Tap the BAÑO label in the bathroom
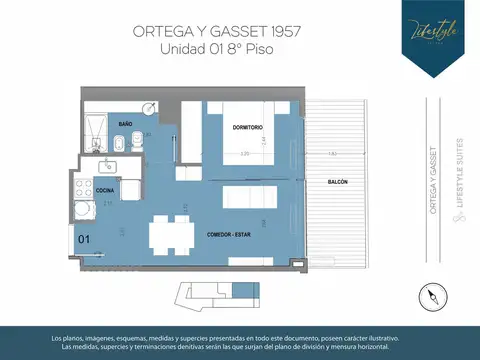(126, 124)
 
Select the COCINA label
(104, 188)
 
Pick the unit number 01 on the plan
(84, 239)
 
